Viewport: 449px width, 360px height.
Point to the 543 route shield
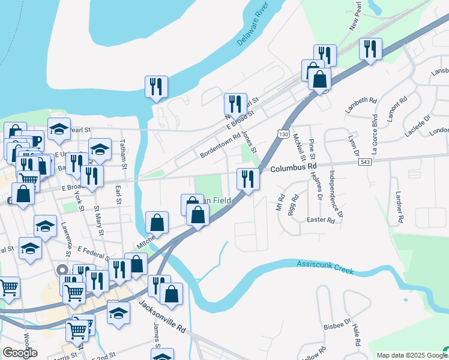pos(364,162)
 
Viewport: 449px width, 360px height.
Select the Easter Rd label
pos(321,221)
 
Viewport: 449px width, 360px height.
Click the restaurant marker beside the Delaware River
pos(156,87)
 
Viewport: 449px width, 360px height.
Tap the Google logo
pos(19,353)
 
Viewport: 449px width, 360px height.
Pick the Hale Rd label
pos(357,334)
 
